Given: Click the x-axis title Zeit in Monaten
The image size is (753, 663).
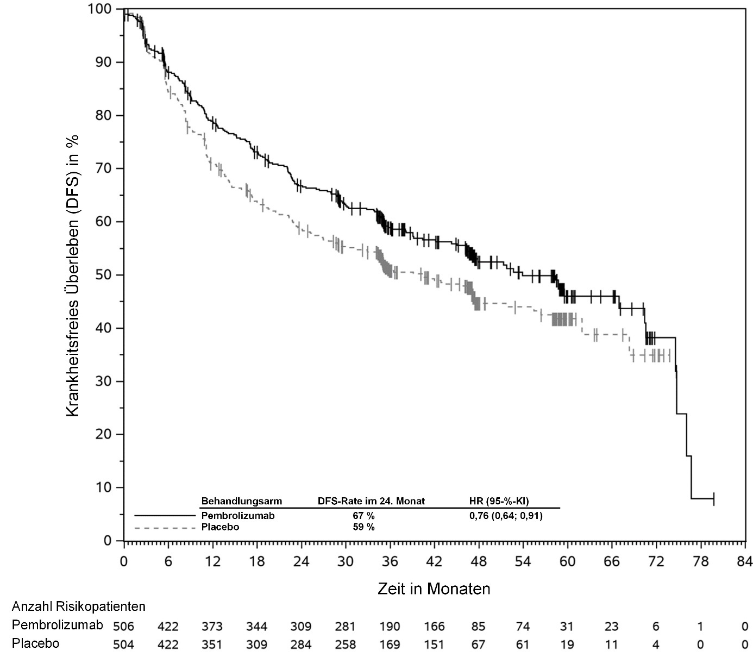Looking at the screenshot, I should pyautogui.click(x=434, y=589).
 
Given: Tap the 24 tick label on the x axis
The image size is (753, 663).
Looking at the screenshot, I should pyautogui.click(x=301, y=561).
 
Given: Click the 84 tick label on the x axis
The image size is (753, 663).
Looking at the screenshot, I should pyautogui.click(x=744, y=561).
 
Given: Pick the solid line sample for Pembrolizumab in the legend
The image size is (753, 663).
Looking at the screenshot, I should pyautogui.click(x=165, y=515).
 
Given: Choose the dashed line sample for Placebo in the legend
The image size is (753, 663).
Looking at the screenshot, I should pyautogui.click(x=165, y=527).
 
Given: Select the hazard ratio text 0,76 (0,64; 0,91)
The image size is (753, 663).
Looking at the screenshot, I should pyautogui.click(x=506, y=516).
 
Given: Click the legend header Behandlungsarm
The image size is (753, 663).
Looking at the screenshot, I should pyautogui.click(x=242, y=501).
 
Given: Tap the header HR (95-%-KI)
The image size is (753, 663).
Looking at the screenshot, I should pyautogui.click(x=499, y=501).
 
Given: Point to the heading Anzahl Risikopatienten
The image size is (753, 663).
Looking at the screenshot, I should pyautogui.click(x=79, y=606).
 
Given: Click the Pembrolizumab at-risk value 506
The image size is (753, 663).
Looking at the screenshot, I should pyautogui.click(x=123, y=627).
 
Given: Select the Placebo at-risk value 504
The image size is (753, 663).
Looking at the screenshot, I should pyautogui.click(x=123, y=645).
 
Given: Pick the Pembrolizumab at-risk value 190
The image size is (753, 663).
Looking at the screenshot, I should pyautogui.click(x=390, y=627).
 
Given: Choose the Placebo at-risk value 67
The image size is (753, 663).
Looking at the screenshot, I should pyautogui.click(x=478, y=645).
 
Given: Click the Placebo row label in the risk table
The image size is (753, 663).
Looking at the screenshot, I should pyautogui.click(x=35, y=644).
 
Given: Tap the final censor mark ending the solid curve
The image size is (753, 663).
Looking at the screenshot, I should pyautogui.click(x=713, y=498).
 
